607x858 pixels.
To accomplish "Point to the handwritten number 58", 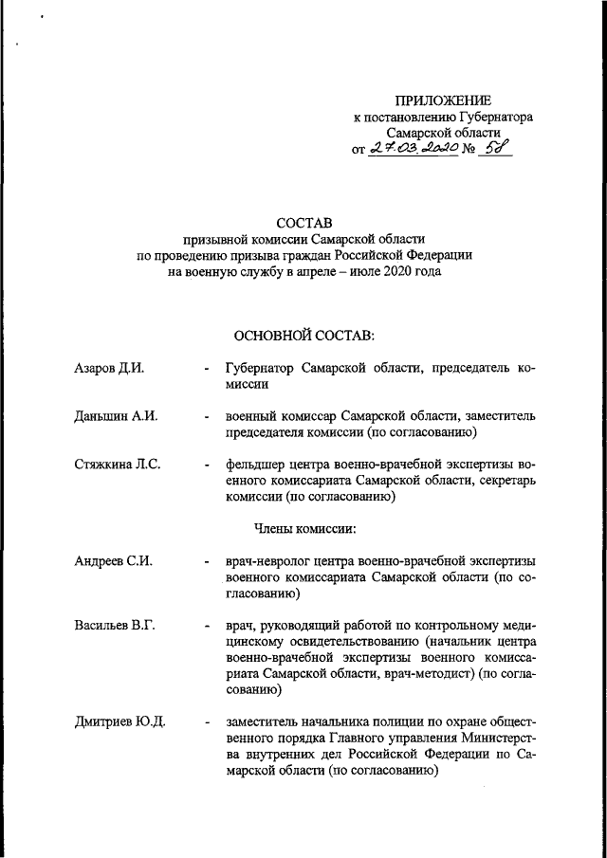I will pyautogui.click(x=494, y=148).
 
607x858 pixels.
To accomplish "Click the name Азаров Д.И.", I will pyautogui.click(x=108, y=369).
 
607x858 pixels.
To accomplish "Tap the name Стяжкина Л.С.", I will pyautogui.click(x=118, y=465).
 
